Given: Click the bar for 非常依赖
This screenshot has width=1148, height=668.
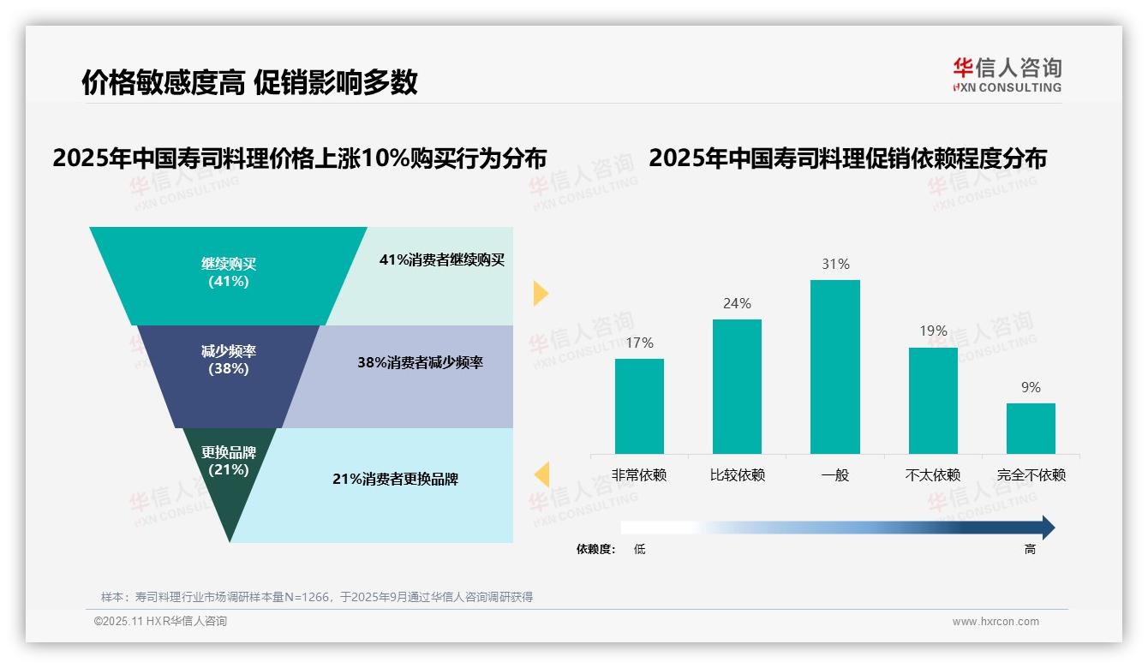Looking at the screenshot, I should click(x=639, y=406).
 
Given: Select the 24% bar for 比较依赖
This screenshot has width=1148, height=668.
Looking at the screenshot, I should click(x=737, y=386).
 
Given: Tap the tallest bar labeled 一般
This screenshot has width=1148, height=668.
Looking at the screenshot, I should click(x=834, y=367).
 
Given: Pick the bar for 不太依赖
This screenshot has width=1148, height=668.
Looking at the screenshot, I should click(x=933, y=400).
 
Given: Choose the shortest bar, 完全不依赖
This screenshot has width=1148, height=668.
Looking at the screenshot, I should click(x=1031, y=428).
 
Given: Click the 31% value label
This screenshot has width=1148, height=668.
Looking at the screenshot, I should click(x=835, y=265).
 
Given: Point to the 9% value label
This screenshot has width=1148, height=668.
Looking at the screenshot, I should click(x=1031, y=388).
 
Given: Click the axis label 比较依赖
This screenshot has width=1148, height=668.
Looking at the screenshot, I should click(x=737, y=475).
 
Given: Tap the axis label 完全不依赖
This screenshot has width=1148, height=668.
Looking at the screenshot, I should click(x=1031, y=475).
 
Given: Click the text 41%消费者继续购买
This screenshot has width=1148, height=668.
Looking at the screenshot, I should click(x=442, y=260).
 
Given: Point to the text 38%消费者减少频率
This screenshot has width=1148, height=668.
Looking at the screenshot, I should click(x=420, y=363).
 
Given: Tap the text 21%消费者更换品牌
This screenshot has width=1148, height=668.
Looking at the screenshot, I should click(x=395, y=480).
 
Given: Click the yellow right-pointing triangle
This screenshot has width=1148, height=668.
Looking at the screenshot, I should click(x=540, y=293).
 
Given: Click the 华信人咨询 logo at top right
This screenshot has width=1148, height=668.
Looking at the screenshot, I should click(x=1007, y=75).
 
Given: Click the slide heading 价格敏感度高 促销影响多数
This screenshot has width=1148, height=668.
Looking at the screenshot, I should click(x=249, y=82).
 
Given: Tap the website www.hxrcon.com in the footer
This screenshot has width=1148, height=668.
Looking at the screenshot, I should click(x=995, y=622).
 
